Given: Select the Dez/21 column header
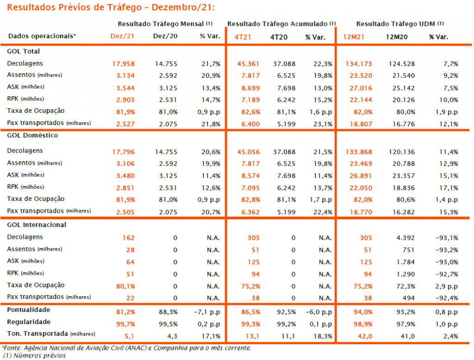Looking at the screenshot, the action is pos(122,36).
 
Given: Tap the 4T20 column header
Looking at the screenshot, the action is pos(279,37).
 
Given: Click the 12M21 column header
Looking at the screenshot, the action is pos(353,37).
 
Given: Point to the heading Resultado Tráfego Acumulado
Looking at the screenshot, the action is pos(277,24).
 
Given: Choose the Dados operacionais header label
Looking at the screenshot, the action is pos(42,36).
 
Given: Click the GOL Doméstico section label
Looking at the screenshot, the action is pos(32,136).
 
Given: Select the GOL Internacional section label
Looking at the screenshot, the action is pos(37,225).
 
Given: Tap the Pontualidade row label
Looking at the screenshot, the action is pos(28,310).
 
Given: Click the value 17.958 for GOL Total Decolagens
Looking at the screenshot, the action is pos(123,64).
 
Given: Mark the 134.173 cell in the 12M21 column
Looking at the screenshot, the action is pos(359,64).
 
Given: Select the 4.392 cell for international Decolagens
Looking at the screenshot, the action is pos(405,238).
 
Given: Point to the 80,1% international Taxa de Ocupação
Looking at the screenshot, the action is pos(125,286).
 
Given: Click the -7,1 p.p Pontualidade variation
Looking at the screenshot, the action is pos(207,312).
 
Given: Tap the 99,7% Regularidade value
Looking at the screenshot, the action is pos(125,324).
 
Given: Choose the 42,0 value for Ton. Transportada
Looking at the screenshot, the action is pos(365,336).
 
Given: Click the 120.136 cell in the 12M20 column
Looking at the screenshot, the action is pos(401,152).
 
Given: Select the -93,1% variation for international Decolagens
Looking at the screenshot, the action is pos(447,238).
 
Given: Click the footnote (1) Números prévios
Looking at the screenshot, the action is pos(34,356).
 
